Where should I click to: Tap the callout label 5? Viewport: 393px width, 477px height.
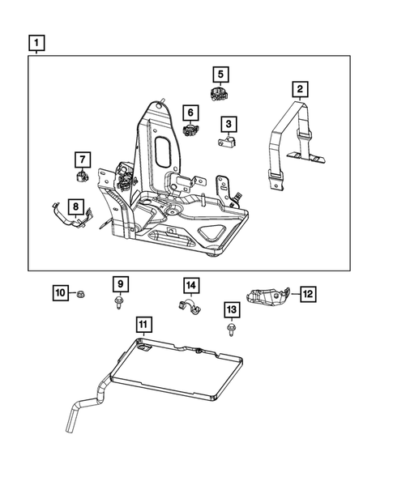pos(220,74)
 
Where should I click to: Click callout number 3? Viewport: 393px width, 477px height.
pos(229,124)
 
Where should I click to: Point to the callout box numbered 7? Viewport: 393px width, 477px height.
pos(82,159)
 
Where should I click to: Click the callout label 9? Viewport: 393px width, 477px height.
pos(119,284)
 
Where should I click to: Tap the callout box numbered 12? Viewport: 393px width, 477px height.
pos(308,294)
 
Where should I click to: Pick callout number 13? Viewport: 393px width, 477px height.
pos(231,310)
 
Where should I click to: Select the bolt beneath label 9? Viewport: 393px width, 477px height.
pos(119,304)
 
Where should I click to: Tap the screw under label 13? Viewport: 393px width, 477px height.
pos(231,329)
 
